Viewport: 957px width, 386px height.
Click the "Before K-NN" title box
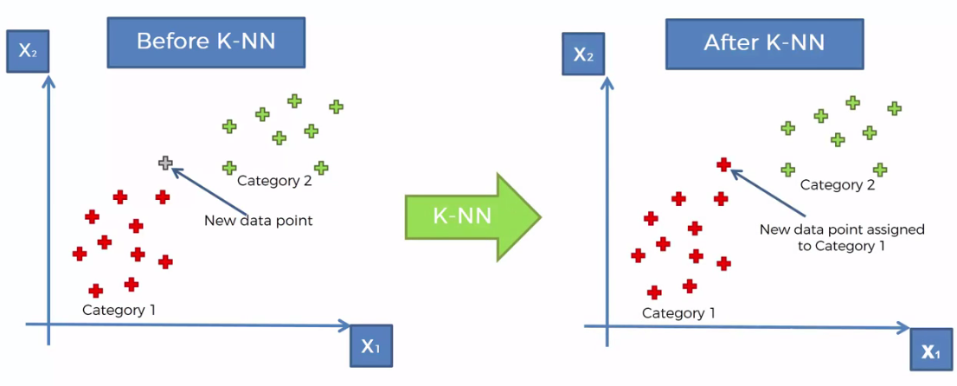click(x=206, y=42)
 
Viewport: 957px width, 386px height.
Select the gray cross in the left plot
click(x=165, y=163)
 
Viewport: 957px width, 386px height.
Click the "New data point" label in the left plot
click(x=258, y=221)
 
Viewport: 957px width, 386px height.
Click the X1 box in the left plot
click(x=370, y=347)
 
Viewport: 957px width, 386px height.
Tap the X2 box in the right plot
click(x=583, y=54)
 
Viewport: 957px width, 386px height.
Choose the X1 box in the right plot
click(x=931, y=351)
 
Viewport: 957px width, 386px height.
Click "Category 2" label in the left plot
click(x=274, y=181)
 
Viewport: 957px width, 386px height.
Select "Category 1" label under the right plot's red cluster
click(x=678, y=312)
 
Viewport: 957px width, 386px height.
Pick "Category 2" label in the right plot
click(x=838, y=184)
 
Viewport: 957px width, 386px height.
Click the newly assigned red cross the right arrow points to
click(x=724, y=164)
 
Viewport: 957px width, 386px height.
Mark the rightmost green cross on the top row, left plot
click(x=336, y=106)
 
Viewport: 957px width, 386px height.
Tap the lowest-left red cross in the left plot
click(x=96, y=291)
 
